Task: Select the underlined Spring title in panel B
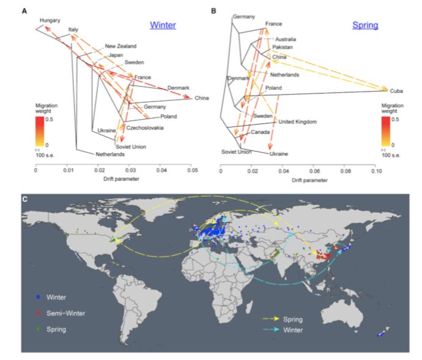365,26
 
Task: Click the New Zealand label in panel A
120,46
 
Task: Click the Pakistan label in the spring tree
283,47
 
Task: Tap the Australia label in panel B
286,39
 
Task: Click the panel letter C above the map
24,199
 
